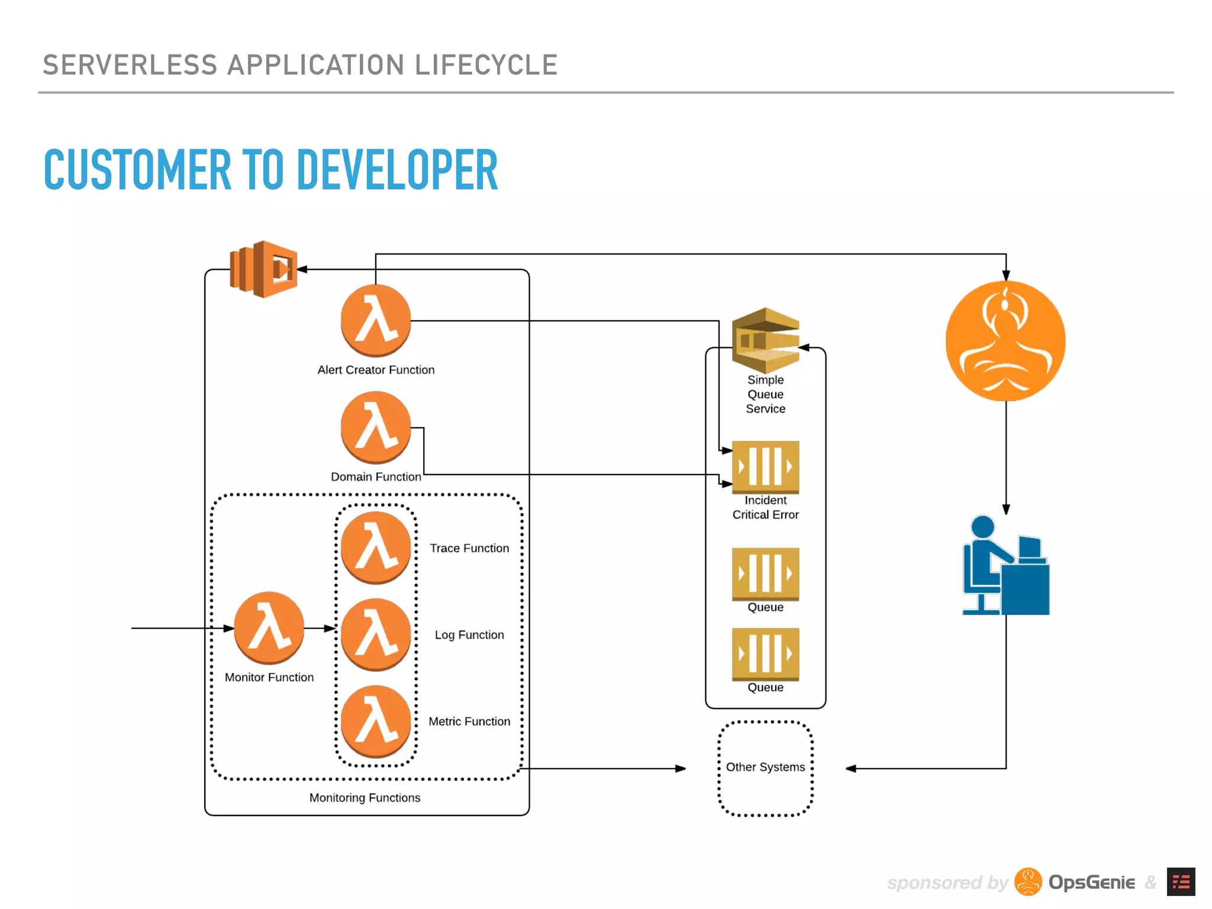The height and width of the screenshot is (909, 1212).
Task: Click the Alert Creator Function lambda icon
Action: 375,320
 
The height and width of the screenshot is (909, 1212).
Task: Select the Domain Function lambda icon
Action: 375,427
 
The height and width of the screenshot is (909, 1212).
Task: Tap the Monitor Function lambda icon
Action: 269,628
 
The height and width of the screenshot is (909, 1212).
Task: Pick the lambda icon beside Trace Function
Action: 375,547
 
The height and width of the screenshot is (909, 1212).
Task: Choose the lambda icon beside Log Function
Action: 375,634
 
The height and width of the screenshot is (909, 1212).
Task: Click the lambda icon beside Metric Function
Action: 375,721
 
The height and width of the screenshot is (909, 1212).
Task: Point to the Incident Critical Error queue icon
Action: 765,467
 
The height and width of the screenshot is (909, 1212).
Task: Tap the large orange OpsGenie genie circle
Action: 1005,341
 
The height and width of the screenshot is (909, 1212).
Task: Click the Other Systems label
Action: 765,767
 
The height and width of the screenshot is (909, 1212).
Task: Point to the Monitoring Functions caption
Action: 365,798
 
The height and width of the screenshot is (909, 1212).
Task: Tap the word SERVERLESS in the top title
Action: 130,65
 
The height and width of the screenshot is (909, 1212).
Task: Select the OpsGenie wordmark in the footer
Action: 1091,882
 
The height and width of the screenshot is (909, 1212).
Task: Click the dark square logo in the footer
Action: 1181,882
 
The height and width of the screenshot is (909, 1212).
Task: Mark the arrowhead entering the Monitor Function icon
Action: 229,628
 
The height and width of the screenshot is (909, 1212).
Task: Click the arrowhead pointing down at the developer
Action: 1005,510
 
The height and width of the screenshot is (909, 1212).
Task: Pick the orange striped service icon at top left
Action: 263,269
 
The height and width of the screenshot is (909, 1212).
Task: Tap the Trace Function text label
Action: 469,548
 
